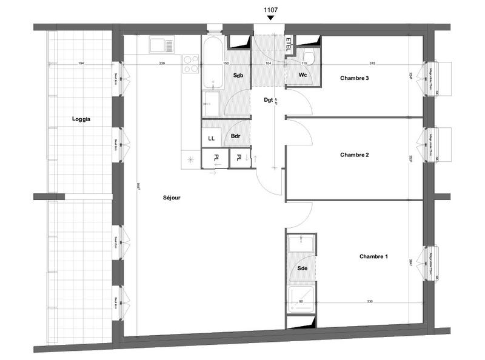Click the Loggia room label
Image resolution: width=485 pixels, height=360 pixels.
81,119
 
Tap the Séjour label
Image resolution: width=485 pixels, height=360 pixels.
172,198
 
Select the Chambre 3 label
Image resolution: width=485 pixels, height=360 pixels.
354,78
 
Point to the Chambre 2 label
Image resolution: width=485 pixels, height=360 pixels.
354,155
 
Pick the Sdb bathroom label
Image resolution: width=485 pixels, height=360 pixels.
238,75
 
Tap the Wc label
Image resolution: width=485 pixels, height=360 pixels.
303,75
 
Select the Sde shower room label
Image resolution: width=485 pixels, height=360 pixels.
302,268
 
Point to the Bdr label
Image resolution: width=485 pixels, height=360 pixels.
236,136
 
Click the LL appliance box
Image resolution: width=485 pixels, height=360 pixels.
211,138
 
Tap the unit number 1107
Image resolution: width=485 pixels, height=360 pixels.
270,10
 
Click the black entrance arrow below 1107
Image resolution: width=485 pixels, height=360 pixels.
270,19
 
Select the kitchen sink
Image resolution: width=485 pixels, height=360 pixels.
162,45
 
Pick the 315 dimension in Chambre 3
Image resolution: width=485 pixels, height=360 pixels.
373,64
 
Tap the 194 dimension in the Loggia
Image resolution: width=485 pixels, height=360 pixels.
81,64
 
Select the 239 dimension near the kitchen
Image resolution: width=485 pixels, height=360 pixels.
162,64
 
